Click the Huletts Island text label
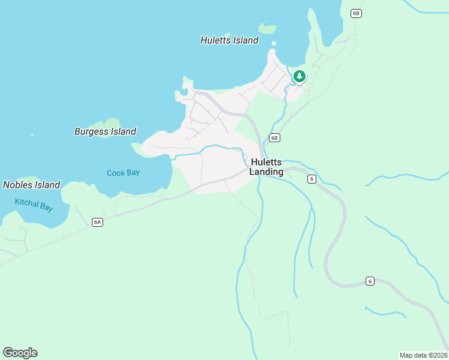[229, 40]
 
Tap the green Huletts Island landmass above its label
[267, 28]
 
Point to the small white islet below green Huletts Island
[274, 43]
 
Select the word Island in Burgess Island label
[124, 131]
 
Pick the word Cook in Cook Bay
[115, 173]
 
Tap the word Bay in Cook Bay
[133, 173]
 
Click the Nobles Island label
[32, 185]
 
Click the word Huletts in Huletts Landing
[267, 162]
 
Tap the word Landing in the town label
[267, 172]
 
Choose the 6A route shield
[98, 222]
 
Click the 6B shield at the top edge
[356, 13]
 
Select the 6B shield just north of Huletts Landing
[274, 137]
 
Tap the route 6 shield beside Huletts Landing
[312, 179]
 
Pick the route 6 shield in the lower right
[370, 281]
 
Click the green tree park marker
[299, 76]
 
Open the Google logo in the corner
[20, 353]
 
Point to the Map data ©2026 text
[424, 355]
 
